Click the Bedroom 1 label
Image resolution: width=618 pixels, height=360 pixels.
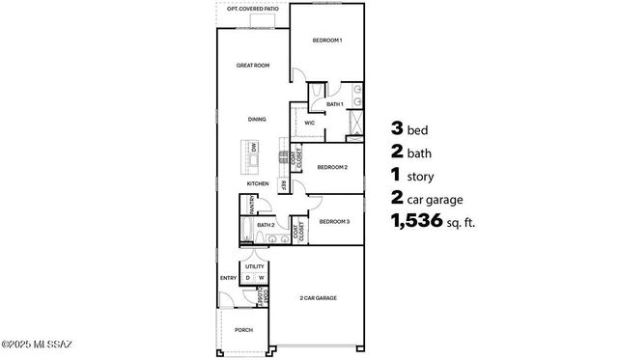[327, 41]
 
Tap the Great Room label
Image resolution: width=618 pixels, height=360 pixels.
[253, 66]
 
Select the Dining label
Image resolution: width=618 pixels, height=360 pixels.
[256, 119]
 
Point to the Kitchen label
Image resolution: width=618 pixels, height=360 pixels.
[257, 183]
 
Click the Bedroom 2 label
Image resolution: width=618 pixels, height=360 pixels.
[332, 167]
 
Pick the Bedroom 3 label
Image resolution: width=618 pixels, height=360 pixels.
[334, 221]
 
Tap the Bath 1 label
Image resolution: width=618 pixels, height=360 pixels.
[335, 103]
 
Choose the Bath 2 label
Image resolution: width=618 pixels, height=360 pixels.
[267, 226]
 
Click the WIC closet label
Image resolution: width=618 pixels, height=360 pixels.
[310, 124]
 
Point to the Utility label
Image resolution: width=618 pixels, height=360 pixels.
[255, 265]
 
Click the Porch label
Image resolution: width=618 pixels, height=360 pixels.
[243, 330]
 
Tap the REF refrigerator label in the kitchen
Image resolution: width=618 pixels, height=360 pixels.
[284, 184]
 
